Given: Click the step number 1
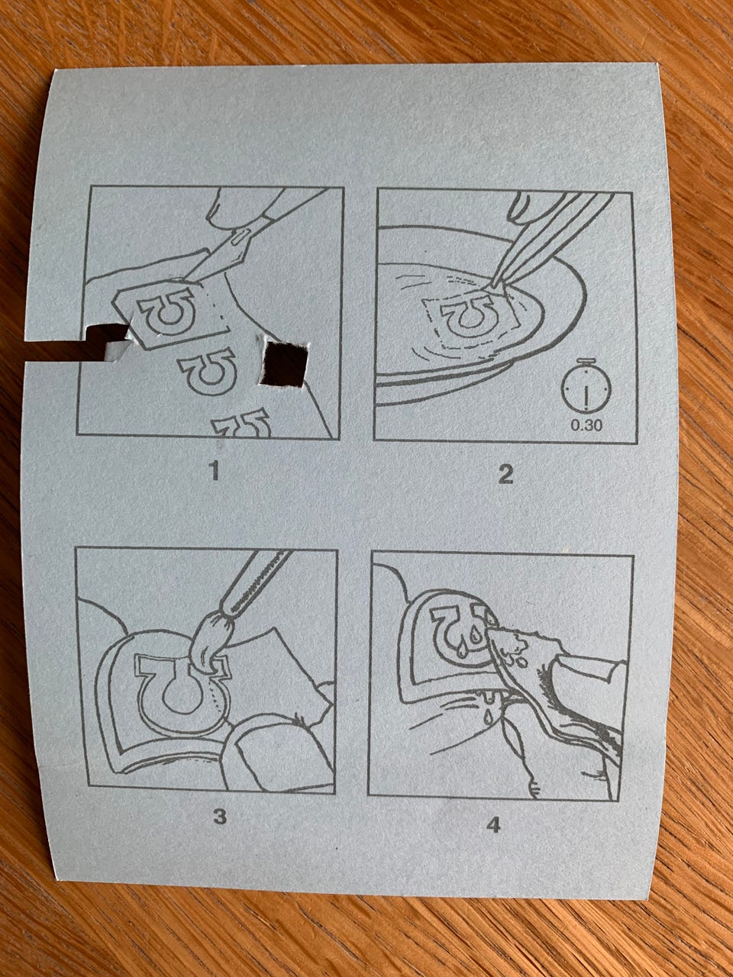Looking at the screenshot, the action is pos(215,472).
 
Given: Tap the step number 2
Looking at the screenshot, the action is pos(506,475).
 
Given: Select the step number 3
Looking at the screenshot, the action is pos(220,816).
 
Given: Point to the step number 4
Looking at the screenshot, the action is pos(492,826).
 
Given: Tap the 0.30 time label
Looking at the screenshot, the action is pos(586,425).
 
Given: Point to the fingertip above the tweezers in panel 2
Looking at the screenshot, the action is pos(525,208).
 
